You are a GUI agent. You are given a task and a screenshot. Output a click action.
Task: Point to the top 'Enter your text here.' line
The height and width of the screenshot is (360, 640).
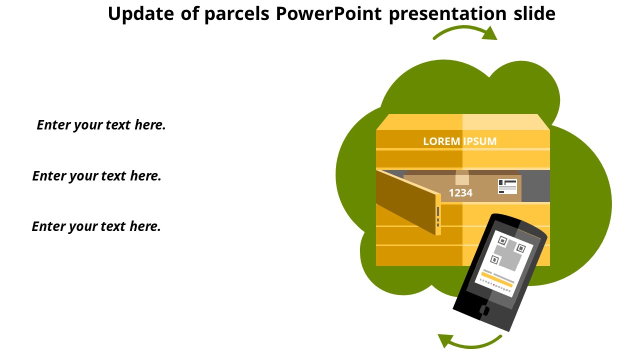[101, 125]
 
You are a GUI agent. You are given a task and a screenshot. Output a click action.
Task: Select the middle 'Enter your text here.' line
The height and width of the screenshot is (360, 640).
[96, 176]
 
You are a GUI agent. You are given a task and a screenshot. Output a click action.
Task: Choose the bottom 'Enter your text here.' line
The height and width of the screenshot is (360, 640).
[96, 226]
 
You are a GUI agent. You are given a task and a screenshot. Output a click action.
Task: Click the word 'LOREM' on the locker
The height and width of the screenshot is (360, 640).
[441, 141]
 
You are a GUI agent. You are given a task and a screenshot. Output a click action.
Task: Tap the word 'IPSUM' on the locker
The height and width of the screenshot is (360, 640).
[480, 141]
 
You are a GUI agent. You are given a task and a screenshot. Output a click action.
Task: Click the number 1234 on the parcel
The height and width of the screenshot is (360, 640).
[460, 193]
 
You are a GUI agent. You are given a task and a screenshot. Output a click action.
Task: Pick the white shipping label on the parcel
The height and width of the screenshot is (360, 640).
[507, 186]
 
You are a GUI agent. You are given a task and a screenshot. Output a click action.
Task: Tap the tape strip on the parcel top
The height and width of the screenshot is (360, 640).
[462, 178]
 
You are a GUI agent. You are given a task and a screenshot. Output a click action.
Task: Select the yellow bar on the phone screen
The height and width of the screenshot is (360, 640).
[497, 279]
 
